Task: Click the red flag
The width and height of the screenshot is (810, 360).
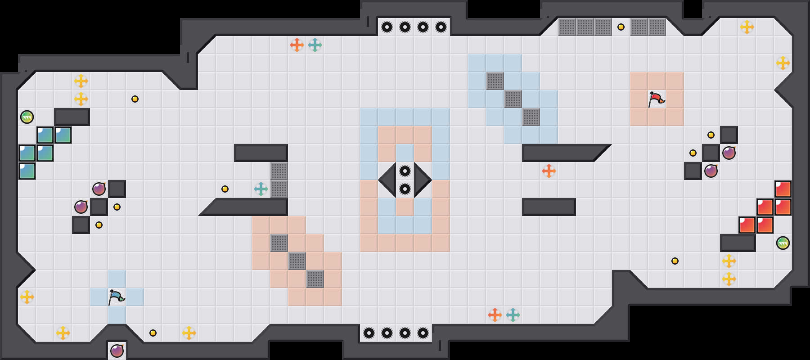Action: pos(656,99)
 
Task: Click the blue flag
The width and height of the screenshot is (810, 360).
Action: pos(116,297)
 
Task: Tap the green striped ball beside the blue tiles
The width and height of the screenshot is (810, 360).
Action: pos(27,117)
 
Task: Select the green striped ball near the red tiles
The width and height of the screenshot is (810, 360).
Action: pos(783,243)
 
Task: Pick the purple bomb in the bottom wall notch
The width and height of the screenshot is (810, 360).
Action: pos(117,351)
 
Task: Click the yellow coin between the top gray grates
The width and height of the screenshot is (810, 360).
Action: pos(621,27)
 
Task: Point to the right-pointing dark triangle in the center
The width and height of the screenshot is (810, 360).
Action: pos(422,180)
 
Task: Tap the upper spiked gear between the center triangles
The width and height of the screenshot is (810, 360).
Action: pos(405,171)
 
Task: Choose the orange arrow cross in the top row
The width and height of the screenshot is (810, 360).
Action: pos(297,45)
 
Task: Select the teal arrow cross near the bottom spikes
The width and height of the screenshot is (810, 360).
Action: pos(513,315)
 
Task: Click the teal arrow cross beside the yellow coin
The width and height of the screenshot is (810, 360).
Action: pos(261,189)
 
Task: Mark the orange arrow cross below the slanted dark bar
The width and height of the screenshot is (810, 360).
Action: pos(549,171)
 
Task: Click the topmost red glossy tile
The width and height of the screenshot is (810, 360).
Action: pos(783,189)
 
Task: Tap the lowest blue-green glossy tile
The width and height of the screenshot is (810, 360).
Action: pos(27,171)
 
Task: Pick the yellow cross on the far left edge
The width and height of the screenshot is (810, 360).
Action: pos(27,297)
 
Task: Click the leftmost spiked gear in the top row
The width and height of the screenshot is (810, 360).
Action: pos(387,27)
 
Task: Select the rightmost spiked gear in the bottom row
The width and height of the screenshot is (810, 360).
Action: pos(423,333)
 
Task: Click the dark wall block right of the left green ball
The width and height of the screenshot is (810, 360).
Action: pos(72,117)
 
